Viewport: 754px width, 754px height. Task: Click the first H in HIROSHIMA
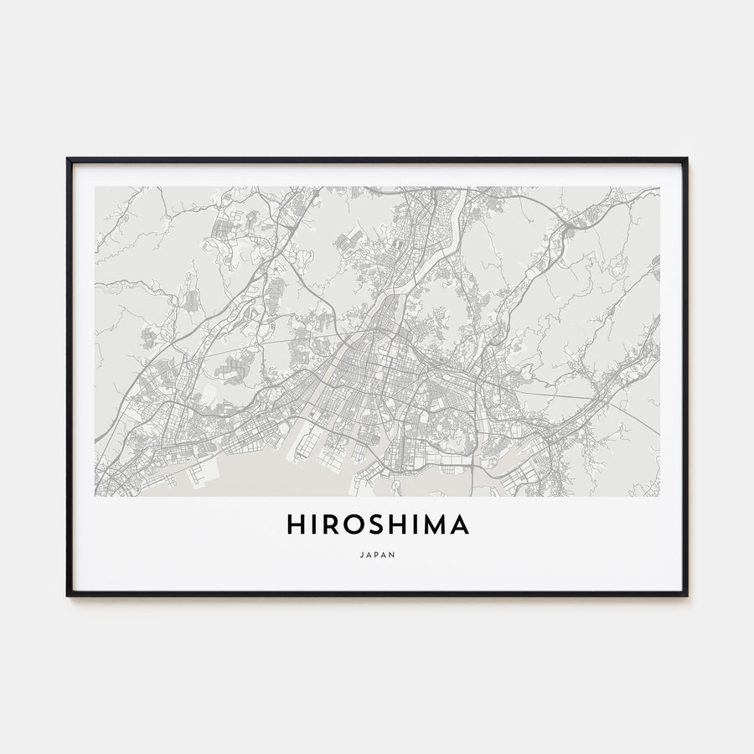coord(296,525)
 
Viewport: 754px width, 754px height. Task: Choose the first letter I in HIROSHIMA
coord(313,525)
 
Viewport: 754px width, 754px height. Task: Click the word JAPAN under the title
coord(377,554)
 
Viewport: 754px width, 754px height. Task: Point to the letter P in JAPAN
coord(377,554)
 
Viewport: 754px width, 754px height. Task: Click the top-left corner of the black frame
coord(68,159)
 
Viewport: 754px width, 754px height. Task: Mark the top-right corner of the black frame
coord(686,159)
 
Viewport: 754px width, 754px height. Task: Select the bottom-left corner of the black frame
coord(68,595)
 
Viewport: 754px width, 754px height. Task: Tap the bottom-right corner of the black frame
coord(686,595)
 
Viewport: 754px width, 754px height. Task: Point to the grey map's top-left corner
coord(96,187)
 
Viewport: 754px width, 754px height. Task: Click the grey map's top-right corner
coord(659,187)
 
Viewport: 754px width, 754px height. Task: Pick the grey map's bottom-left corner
coord(96,496)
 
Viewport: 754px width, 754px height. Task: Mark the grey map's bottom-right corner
coord(659,496)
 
